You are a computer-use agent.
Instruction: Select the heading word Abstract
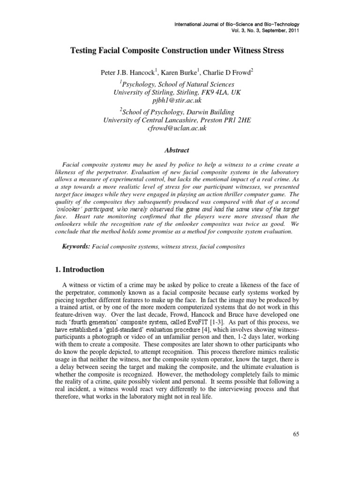[x=177, y=150]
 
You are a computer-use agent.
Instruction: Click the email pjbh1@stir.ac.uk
[x=177, y=100]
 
